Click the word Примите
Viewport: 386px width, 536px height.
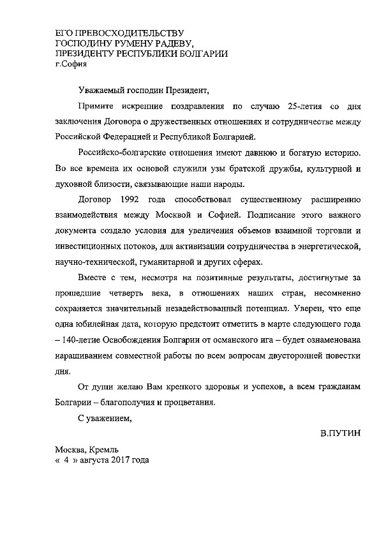(94, 105)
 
